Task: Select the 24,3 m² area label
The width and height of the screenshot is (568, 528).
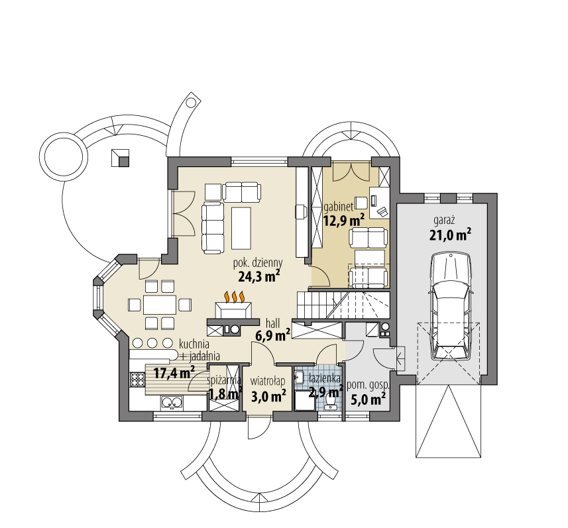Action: coord(258,276)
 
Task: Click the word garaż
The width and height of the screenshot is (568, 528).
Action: coord(444,219)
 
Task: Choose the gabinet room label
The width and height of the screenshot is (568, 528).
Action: coord(338,206)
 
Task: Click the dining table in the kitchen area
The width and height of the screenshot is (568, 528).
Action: coord(159,304)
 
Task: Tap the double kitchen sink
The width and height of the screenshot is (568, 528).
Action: coord(172,401)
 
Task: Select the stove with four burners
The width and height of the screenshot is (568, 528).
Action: coord(137,379)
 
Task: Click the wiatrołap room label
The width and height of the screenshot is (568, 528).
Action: coord(268,381)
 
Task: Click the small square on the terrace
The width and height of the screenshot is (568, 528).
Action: coord(119,157)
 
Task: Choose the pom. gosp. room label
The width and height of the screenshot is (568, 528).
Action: coord(368,384)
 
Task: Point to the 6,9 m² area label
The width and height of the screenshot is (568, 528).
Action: coord(273,335)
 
